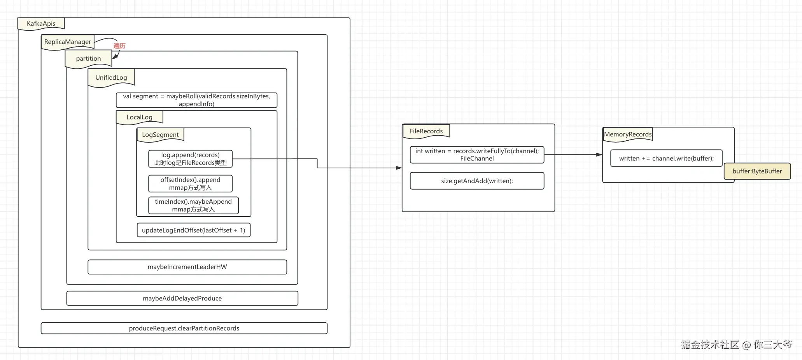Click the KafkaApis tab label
[x=41, y=23]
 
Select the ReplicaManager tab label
[x=67, y=42]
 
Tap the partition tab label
[x=88, y=58]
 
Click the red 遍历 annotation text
[x=119, y=46]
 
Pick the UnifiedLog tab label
[x=111, y=77]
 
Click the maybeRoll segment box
[x=196, y=100]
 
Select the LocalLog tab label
[x=139, y=117]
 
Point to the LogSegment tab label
[x=160, y=135]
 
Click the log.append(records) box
[x=190, y=159]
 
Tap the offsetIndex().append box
[x=190, y=183]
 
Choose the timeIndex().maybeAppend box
[x=193, y=205]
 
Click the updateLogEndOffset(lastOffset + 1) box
[x=193, y=230]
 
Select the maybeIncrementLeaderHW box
[x=187, y=267]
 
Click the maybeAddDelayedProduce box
[x=182, y=298]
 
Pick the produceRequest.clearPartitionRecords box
[x=184, y=328]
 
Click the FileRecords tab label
[x=426, y=131]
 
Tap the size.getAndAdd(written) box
[x=477, y=181]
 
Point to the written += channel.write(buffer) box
[x=666, y=158]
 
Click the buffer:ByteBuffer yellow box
[x=757, y=171]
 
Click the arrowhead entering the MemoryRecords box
[x=599, y=155]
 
